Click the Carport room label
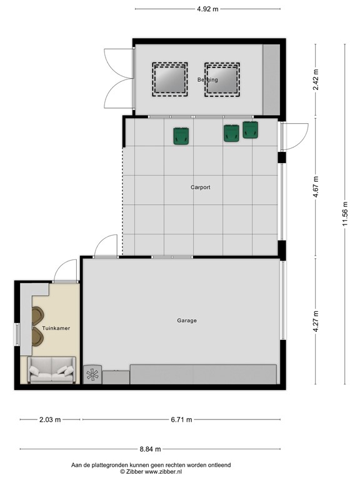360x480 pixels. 200,187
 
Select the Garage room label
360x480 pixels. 186,321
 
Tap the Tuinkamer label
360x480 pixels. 56,327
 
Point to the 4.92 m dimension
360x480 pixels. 207,9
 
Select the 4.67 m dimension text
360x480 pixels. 316,187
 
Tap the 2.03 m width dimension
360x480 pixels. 50,420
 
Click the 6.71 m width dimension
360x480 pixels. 180,420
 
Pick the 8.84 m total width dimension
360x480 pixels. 150,449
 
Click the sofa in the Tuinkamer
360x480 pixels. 51,371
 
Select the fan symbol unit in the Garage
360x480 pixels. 92,374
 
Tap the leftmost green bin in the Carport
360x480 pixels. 181,136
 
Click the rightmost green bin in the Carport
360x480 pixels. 251,130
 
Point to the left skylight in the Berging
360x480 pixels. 169,79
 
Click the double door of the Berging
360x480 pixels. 119,78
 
